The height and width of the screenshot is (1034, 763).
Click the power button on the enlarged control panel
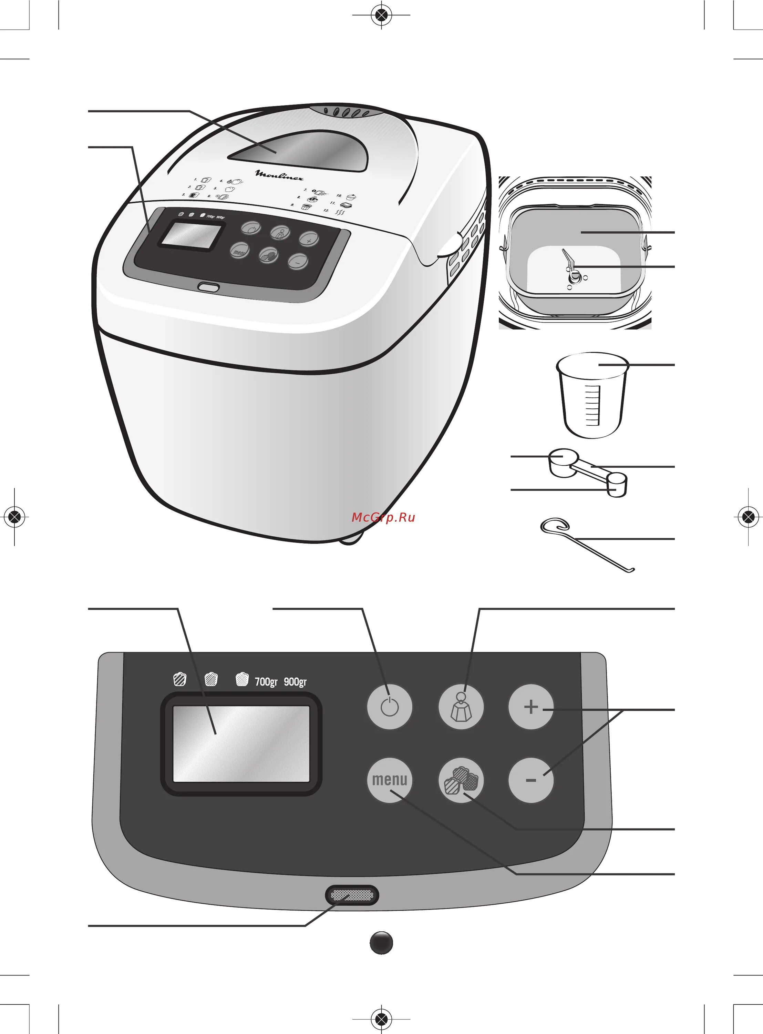(x=389, y=707)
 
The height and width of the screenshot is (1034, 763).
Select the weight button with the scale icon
(x=461, y=707)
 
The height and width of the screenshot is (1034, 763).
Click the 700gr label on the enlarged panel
(x=266, y=681)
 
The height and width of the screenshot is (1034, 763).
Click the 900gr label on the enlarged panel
(x=295, y=681)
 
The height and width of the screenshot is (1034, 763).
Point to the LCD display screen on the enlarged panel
(x=241, y=743)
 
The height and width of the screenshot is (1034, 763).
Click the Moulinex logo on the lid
(x=279, y=175)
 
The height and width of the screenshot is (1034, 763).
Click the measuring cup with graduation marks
(x=592, y=395)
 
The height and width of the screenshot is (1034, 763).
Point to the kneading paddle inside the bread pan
(x=570, y=268)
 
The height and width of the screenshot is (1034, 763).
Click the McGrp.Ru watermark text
(x=383, y=517)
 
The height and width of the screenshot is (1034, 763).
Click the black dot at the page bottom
(x=382, y=943)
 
